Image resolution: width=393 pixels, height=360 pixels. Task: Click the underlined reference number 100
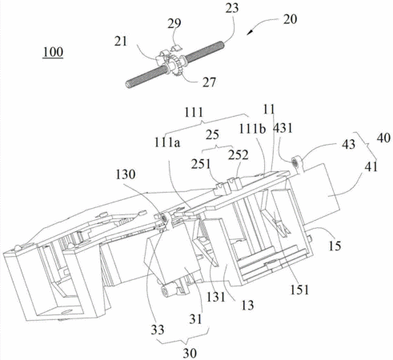[x=53, y=52]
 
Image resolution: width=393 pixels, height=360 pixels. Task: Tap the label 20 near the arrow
[x=290, y=19]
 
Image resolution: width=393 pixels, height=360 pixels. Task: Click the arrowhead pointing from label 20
[x=249, y=32]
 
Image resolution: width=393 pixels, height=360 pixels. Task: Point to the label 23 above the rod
[x=232, y=8]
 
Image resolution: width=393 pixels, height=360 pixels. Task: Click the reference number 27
[x=209, y=82]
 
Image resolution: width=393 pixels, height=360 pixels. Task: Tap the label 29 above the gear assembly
[x=174, y=23]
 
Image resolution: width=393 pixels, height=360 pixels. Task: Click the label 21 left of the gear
[x=121, y=42]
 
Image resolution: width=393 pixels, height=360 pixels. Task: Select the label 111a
[x=167, y=142]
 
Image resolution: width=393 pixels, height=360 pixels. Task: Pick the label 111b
[x=252, y=129]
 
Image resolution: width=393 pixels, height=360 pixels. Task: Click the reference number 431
[x=283, y=128]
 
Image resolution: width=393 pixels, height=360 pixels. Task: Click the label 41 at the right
[x=371, y=166]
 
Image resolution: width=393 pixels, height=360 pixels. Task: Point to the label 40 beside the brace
[x=383, y=138]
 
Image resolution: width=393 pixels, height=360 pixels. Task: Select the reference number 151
[x=299, y=290]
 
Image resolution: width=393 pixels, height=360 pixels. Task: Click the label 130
[x=126, y=174]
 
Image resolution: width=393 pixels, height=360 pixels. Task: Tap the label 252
[x=239, y=155]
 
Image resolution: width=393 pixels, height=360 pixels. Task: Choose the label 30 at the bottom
[x=190, y=354]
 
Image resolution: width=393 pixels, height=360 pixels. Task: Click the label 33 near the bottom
[x=158, y=330]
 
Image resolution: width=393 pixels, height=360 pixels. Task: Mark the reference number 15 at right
[x=335, y=246]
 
